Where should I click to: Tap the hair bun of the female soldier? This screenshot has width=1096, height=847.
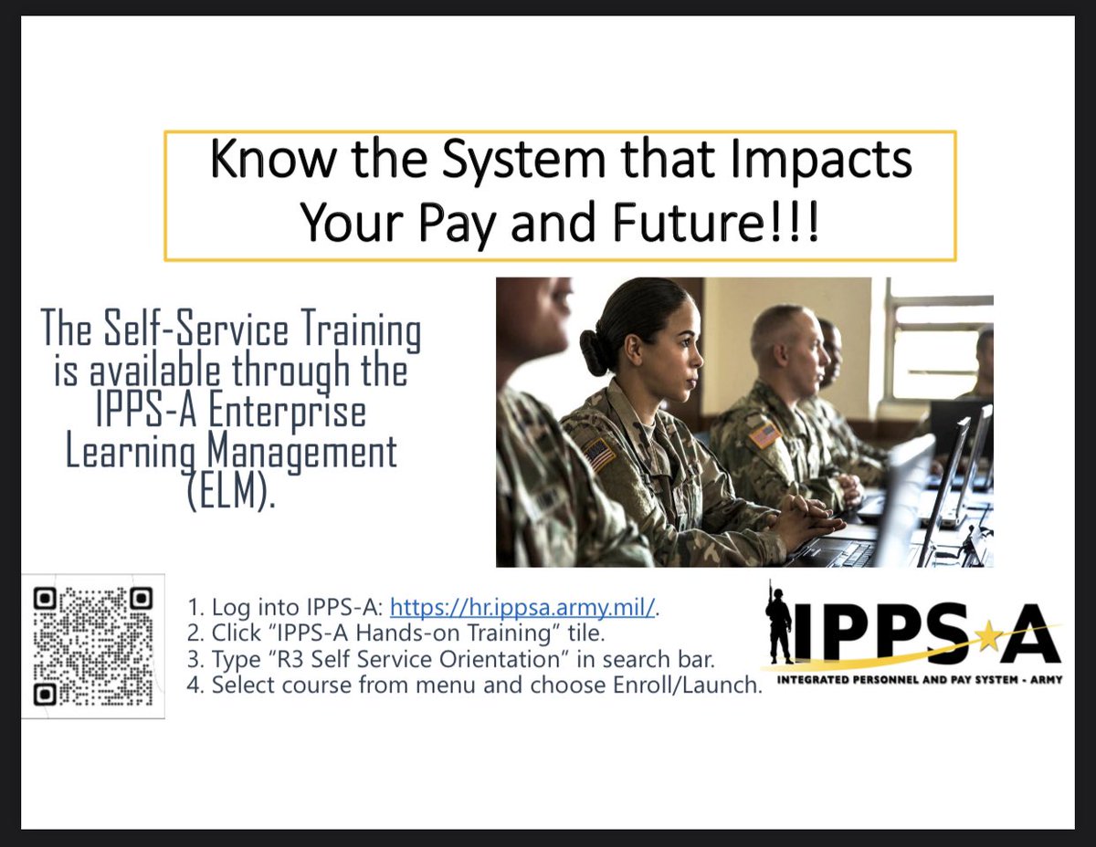[595, 353]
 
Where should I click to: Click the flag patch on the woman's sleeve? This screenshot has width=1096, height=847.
[598, 453]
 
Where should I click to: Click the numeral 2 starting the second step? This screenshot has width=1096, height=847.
[193, 633]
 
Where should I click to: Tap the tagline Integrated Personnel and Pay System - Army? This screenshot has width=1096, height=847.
[920, 679]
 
